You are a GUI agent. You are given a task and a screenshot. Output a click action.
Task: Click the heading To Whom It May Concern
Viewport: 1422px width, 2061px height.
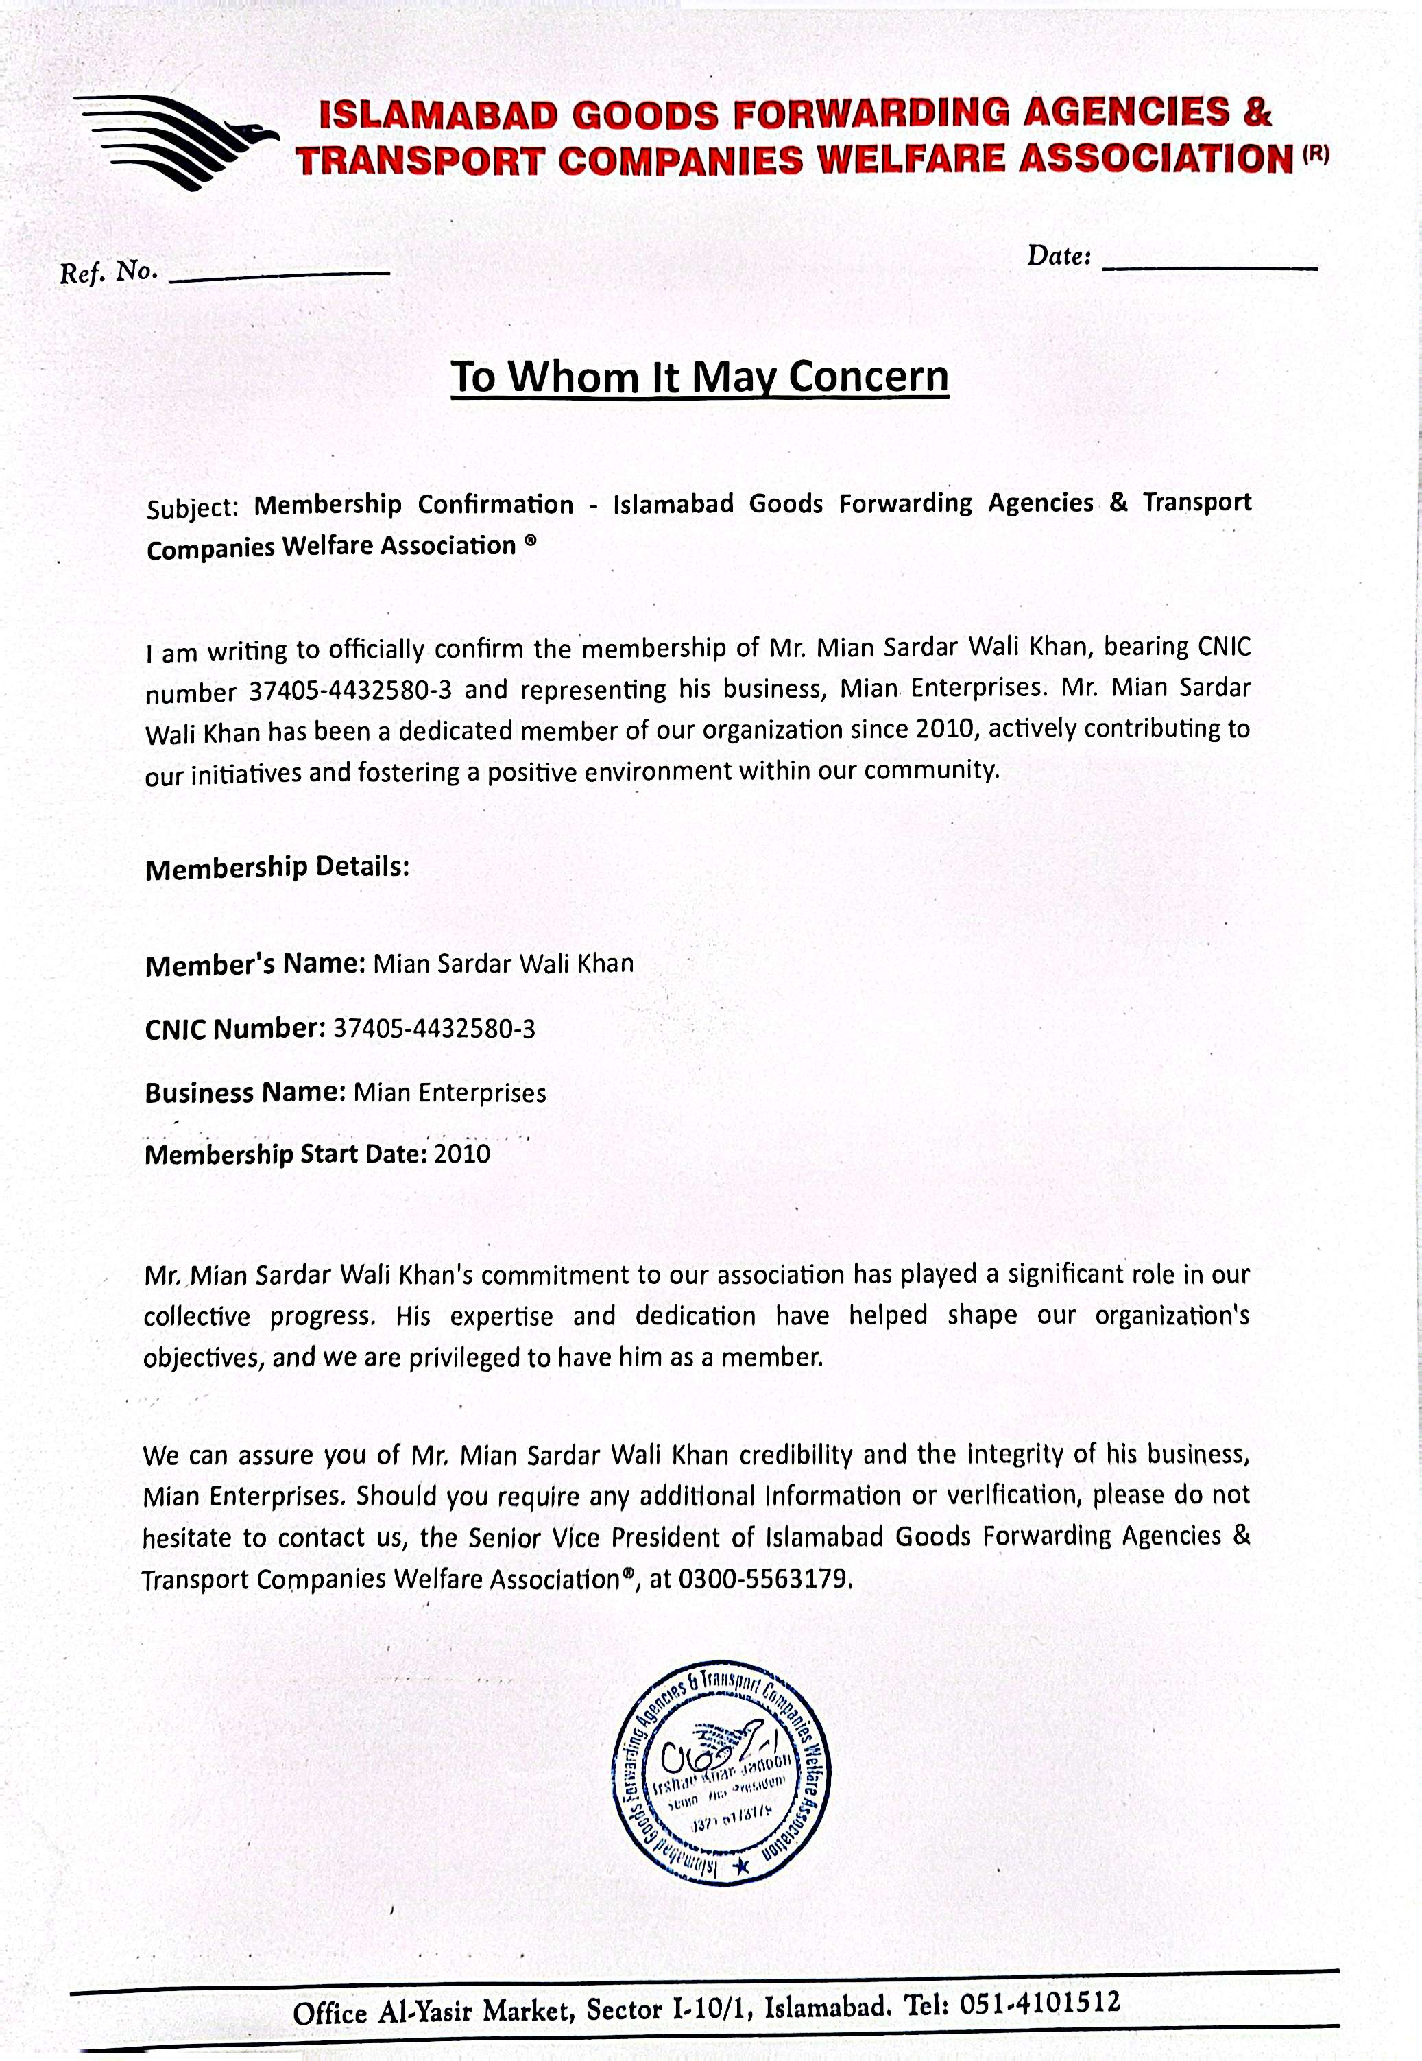coord(699,376)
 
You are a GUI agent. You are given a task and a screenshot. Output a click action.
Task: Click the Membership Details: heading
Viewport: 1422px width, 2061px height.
coord(277,867)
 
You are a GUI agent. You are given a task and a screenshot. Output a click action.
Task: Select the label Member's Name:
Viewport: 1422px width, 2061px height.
coord(255,965)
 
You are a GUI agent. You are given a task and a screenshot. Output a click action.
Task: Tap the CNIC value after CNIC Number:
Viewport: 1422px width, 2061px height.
coord(434,1029)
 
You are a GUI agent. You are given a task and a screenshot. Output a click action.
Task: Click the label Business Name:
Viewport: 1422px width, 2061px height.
coord(245,1093)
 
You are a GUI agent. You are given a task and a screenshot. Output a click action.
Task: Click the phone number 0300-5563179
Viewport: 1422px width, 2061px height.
coord(761,1579)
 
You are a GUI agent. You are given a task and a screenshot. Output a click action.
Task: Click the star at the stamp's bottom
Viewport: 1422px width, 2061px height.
coord(742,1863)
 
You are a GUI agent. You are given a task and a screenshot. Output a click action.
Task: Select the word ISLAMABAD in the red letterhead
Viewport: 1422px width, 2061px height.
coord(439,116)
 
